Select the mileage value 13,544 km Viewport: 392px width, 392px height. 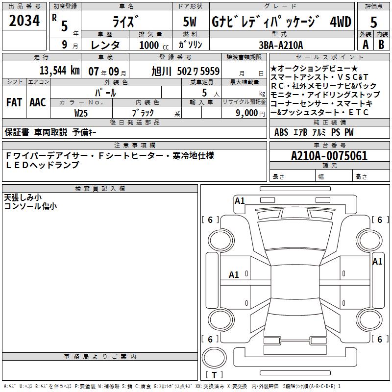coord(59,71)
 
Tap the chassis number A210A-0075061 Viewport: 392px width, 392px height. coord(329,156)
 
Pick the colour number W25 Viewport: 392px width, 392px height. coord(81,112)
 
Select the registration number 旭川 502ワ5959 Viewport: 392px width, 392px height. coord(185,71)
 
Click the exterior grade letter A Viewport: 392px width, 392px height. coord(365,44)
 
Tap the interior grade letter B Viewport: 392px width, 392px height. coord(381,44)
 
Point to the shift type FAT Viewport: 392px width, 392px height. coord(14,102)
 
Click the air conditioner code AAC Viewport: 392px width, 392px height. coord(38,102)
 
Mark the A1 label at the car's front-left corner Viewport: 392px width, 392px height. coord(240,200)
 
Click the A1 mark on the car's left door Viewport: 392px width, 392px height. coord(234,275)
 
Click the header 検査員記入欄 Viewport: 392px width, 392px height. coord(100,189)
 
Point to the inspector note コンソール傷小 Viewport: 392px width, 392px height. coord(30,206)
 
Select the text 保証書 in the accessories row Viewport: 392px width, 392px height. coord(17,132)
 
